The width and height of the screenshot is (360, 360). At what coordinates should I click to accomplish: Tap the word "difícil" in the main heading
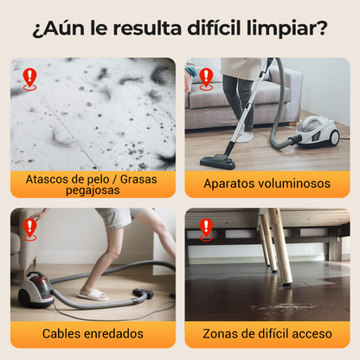pyautogui.click(x=214, y=28)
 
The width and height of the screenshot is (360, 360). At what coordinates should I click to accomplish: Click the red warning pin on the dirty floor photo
pyautogui.click(x=29, y=80)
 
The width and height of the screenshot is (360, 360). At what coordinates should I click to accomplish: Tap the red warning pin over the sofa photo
pyautogui.click(x=206, y=80)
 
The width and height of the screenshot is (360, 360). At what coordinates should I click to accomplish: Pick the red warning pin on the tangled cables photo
pyautogui.click(x=29, y=229)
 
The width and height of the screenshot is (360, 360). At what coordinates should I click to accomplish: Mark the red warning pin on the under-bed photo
pyautogui.click(x=206, y=229)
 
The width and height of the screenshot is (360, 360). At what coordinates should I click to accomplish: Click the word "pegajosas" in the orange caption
pyautogui.click(x=93, y=190)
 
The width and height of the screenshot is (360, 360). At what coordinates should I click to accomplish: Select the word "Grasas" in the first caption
pyautogui.click(x=138, y=179)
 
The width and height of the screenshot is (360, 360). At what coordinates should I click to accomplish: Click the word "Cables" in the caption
pyautogui.click(x=61, y=334)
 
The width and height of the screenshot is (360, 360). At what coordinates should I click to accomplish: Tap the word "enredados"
pyautogui.click(x=112, y=334)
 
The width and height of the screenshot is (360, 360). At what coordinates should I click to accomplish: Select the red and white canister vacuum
pyautogui.click(x=36, y=290)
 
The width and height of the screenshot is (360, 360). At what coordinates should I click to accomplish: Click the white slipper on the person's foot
pyautogui.click(x=93, y=295)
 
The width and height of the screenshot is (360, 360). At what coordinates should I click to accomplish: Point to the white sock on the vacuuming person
pyautogui.click(x=245, y=136)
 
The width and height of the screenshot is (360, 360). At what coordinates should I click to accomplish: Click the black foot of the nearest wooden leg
pyautogui.click(x=287, y=284)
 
